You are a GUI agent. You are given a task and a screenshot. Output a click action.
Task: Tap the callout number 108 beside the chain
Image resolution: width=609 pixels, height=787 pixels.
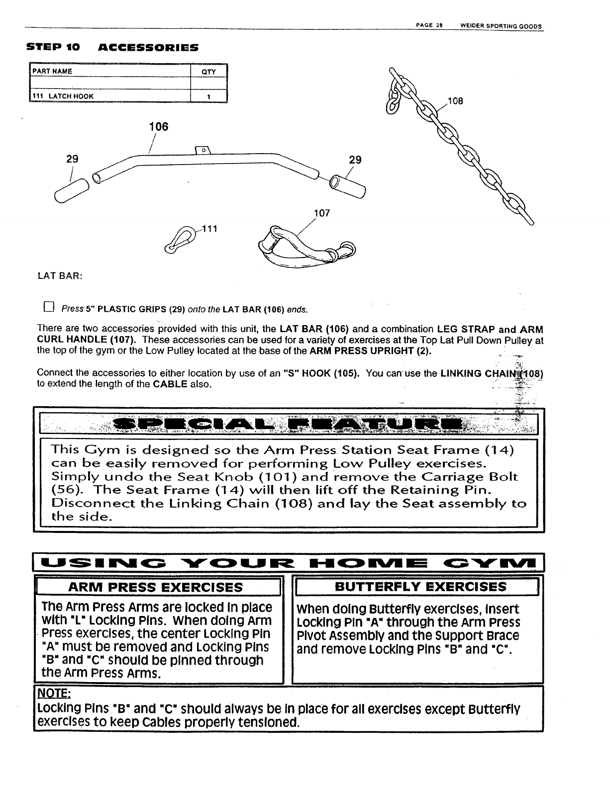(x=455, y=101)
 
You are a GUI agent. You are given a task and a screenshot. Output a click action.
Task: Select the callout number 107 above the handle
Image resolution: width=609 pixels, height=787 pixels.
(x=322, y=213)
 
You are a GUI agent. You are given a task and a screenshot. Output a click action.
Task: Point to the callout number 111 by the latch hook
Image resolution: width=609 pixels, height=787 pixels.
(x=211, y=229)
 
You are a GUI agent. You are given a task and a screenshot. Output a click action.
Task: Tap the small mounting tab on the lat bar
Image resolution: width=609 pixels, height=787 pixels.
(x=204, y=151)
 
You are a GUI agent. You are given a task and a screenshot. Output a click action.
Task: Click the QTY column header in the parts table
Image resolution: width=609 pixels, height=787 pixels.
(x=208, y=72)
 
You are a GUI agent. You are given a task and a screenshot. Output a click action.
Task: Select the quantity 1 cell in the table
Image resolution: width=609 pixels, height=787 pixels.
(x=209, y=96)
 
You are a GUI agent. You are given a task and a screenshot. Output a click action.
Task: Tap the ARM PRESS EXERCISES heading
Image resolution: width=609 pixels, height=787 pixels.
(x=156, y=587)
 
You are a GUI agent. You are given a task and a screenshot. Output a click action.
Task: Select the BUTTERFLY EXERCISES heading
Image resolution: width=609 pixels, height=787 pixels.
(x=420, y=587)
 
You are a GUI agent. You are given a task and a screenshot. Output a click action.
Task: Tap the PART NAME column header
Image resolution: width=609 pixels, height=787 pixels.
(x=52, y=71)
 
